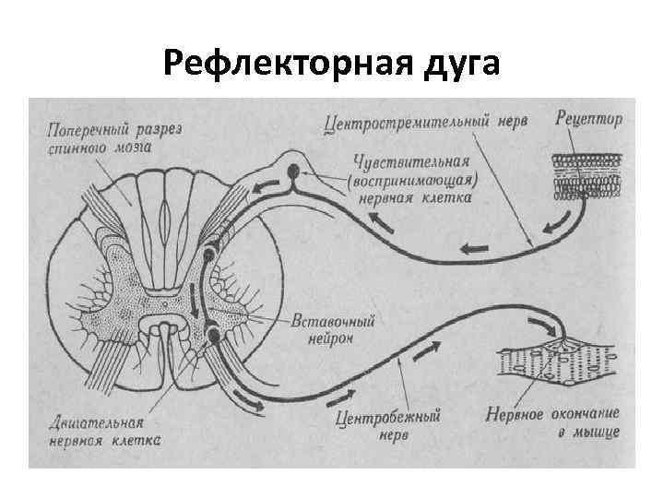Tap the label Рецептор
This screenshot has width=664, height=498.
(x=590, y=119)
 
